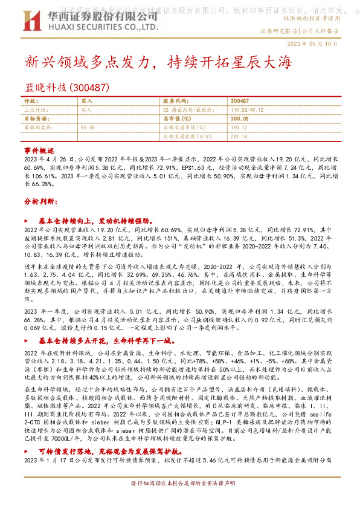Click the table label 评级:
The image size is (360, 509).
pyautogui.click(x=31, y=101)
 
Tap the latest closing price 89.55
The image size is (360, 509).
pyautogui.click(x=88, y=128)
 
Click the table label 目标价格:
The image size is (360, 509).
pyautogui.click(x=35, y=119)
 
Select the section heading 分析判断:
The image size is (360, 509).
pyautogui.click(x=40, y=200)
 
